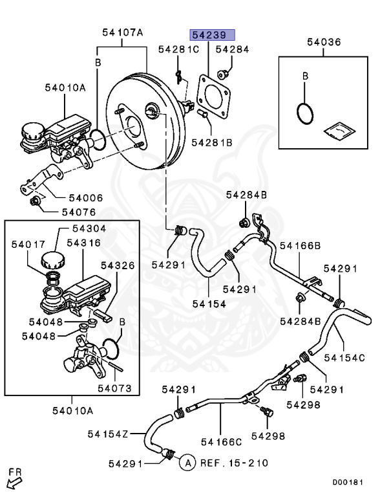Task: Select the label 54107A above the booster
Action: [x=123, y=32]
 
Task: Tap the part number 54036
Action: [x=323, y=42]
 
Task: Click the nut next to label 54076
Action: [x=36, y=205]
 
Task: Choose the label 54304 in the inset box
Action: [x=90, y=228]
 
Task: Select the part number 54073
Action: [x=114, y=388]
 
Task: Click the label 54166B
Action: [x=299, y=246]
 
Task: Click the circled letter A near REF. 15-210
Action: [x=186, y=463]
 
